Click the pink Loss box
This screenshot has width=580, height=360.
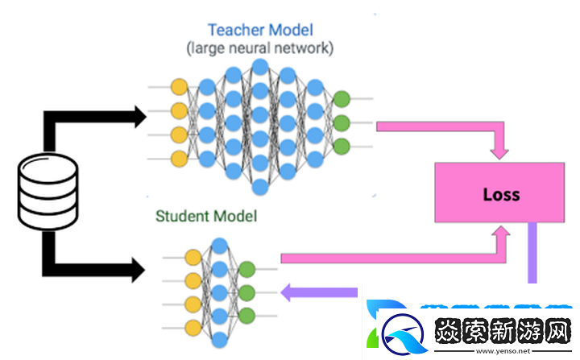click(x=500, y=193)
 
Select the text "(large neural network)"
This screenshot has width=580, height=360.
click(x=259, y=49)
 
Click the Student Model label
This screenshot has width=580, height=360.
click(x=206, y=216)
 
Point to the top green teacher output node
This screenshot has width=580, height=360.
click(x=341, y=100)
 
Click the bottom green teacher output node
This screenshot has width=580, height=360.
click(x=341, y=147)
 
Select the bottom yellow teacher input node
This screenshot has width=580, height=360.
click(x=179, y=159)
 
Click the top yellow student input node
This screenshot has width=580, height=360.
click(x=193, y=258)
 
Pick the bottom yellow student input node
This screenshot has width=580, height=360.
click(x=193, y=328)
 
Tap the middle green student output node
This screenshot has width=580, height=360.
click(x=246, y=292)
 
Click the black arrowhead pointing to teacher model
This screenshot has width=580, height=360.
click(x=136, y=117)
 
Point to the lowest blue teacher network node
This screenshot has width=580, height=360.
click(x=259, y=188)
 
